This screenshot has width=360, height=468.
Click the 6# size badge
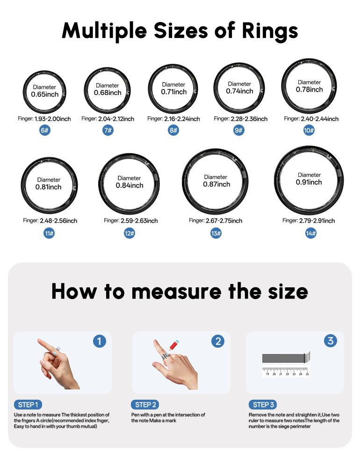45,130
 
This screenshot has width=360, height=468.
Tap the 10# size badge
309,130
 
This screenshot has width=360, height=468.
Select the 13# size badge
216,233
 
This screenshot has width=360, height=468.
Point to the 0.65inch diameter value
45,94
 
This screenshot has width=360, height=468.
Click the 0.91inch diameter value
309,182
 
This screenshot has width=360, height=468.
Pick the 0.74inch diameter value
239,91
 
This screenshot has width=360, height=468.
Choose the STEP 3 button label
264,404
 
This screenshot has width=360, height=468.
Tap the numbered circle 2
217,341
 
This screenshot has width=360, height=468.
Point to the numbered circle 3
331,341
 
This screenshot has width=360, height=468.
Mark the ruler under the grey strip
286,372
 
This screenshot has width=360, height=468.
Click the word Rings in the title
270,31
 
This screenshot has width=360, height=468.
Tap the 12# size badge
130,233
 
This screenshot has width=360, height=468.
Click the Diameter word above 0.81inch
49,180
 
